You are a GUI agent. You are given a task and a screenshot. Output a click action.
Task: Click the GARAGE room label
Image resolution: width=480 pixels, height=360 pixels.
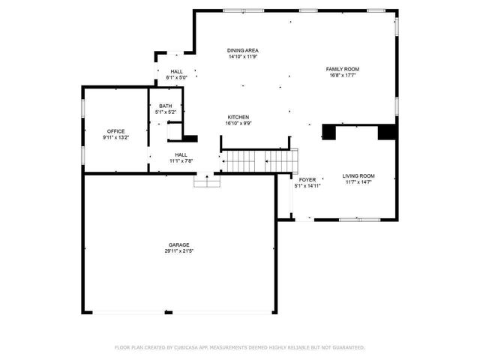pos(178,244)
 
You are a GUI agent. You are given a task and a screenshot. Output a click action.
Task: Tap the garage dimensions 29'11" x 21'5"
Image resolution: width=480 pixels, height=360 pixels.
pos(178,250)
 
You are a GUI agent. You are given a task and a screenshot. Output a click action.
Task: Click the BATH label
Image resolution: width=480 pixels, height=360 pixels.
pos(165,106)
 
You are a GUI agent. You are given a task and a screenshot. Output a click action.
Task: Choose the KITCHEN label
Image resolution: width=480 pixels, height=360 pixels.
pos(238,117)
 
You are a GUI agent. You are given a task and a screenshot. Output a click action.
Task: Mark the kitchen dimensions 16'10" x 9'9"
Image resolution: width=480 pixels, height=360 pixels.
pos(238,123)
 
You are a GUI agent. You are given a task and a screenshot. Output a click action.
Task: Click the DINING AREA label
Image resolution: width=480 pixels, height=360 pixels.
pos(243,50)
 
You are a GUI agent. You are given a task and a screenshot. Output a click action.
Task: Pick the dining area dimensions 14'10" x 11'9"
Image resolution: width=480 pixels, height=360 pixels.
pos(243,56)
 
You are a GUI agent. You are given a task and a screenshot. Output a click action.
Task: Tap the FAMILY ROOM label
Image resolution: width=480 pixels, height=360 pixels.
pos(342,69)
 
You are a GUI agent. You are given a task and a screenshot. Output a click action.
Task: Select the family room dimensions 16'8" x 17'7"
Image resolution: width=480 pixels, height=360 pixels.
pos(342,75)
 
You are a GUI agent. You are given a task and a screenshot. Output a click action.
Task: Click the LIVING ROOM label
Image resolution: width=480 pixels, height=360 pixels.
pos(358,175)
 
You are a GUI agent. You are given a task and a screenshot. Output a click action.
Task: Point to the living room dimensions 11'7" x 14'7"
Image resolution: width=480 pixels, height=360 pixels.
pos(358,181)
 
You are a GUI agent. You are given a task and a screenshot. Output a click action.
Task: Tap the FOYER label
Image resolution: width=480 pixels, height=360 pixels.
pos(307,180)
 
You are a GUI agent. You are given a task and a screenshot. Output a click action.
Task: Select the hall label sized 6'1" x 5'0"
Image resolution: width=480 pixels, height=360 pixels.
pos(176,71)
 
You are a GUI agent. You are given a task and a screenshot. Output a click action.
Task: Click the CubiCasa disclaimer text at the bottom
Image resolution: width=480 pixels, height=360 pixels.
pos(239,347)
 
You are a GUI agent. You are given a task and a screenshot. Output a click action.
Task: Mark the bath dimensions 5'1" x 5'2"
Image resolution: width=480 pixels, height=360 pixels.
pos(165,112)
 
